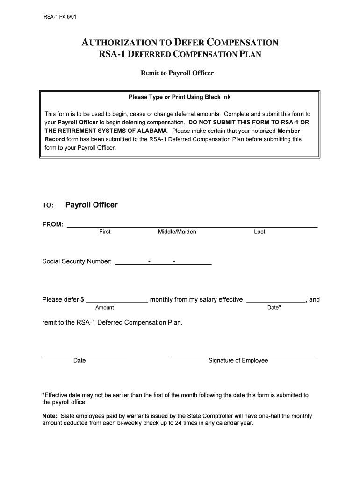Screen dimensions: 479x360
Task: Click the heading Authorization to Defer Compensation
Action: (x=180, y=43)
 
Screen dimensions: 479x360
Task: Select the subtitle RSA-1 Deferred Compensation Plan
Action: (x=180, y=54)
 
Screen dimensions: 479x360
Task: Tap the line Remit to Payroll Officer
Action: (x=177, y=73)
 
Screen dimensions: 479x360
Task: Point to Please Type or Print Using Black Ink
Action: (x=180, y=97)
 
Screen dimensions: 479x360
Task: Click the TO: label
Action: (x=48, y=205)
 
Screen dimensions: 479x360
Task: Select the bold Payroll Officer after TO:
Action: (x=91, y=205)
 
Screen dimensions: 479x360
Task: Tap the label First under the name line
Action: (x=105, y=232)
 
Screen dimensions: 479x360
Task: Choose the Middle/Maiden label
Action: (x=177, y=232)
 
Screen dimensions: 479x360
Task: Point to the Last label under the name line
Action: (x=259, y=232)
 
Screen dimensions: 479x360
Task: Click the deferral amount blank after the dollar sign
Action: (x=117, y=300)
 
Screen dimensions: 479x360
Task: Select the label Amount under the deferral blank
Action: (x=104, y=308)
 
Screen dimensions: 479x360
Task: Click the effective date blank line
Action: (x=276, y=300)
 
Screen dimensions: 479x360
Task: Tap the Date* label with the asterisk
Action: (x=274, y=307)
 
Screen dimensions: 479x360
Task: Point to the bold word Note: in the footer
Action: (x=50, y=416)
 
